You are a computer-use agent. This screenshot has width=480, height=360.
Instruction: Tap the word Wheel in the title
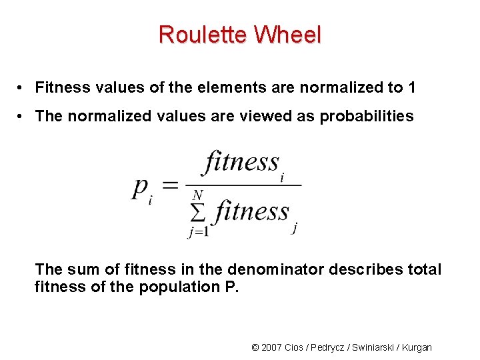286,34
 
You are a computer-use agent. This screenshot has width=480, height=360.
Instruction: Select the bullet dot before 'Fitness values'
22,88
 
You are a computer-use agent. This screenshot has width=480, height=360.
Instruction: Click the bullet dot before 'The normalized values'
22,117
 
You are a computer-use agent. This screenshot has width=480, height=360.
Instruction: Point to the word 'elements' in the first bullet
226,87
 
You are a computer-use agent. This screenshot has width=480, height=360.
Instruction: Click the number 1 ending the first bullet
412,87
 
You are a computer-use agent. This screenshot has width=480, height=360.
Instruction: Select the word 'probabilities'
367,117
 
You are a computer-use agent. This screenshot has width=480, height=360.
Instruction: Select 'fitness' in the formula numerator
241,162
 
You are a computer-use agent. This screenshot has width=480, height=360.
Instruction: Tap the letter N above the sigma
197,195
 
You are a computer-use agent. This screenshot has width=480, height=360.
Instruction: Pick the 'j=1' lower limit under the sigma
198,232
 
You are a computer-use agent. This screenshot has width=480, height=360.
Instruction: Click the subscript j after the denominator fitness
295,228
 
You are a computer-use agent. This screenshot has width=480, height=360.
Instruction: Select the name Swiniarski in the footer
371,347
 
